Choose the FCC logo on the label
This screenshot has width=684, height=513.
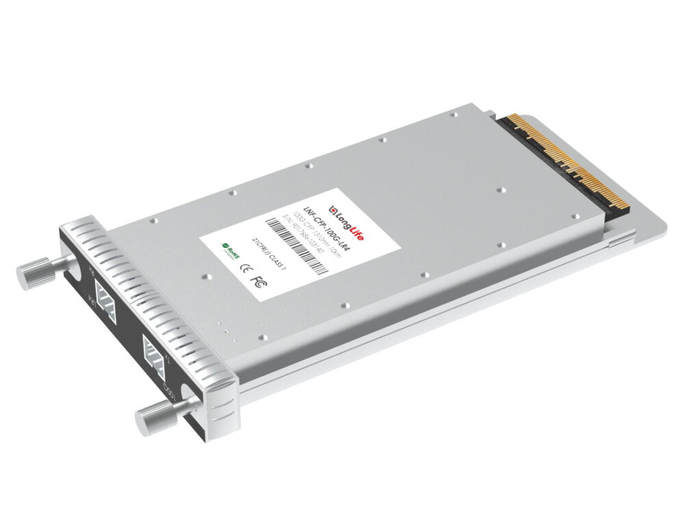[x=258, y=280]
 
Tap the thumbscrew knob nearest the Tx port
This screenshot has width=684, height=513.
[x=153, y=416]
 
